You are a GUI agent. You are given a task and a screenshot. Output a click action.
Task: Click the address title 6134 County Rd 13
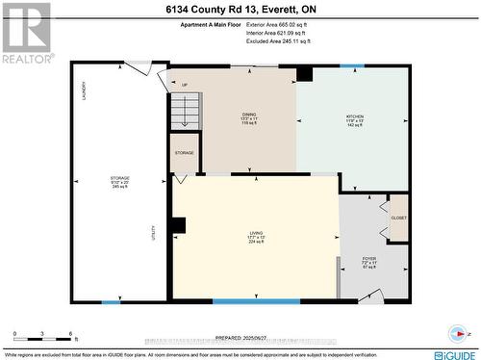coord(240,10)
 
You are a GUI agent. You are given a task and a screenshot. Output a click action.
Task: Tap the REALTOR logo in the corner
coord(25,32)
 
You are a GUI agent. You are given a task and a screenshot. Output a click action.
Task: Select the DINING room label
coord(248,119)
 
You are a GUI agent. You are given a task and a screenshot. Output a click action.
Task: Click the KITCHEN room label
coord(355,119)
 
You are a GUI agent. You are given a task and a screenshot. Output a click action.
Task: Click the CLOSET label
coord(398,218)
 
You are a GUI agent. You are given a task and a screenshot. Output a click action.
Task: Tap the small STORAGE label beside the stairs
coord(184,153)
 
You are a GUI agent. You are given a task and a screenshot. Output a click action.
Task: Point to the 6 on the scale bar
coord(71,333)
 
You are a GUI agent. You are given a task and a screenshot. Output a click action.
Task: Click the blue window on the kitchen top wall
coord(352,65)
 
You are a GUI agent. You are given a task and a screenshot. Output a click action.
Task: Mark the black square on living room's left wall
coord(178,226)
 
